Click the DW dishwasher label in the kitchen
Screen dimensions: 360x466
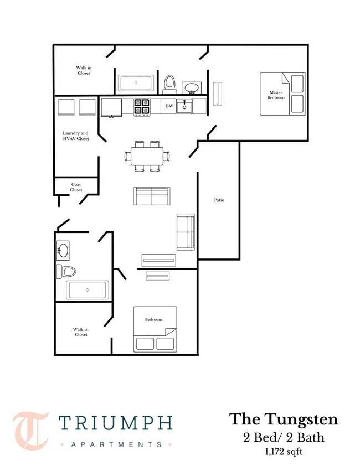point(169,106)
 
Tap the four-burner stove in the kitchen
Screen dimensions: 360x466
point(142,107)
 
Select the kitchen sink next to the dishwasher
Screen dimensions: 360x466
point(184,106)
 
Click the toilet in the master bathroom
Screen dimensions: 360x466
point(169,85)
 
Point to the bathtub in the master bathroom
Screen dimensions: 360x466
point(136,83)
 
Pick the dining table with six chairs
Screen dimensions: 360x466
point(147,156)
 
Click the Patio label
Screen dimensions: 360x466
point(219,200)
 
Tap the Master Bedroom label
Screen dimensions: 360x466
point(276,95)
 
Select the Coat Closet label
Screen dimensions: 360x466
point(76,187)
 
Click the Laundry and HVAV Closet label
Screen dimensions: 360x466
point(75,136)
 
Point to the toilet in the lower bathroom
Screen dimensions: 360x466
point(66,271)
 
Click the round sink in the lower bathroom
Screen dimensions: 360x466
point(63,250)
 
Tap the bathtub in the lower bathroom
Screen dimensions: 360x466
point(87,290)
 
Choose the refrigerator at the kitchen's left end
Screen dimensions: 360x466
point(111,107)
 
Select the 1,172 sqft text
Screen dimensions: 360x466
point(284,452)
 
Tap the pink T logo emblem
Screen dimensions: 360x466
point(30,431)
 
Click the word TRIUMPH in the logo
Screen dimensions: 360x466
point(115,423)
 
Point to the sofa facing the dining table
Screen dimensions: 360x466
point(152,196)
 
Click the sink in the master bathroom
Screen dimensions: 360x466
point(191,88)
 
